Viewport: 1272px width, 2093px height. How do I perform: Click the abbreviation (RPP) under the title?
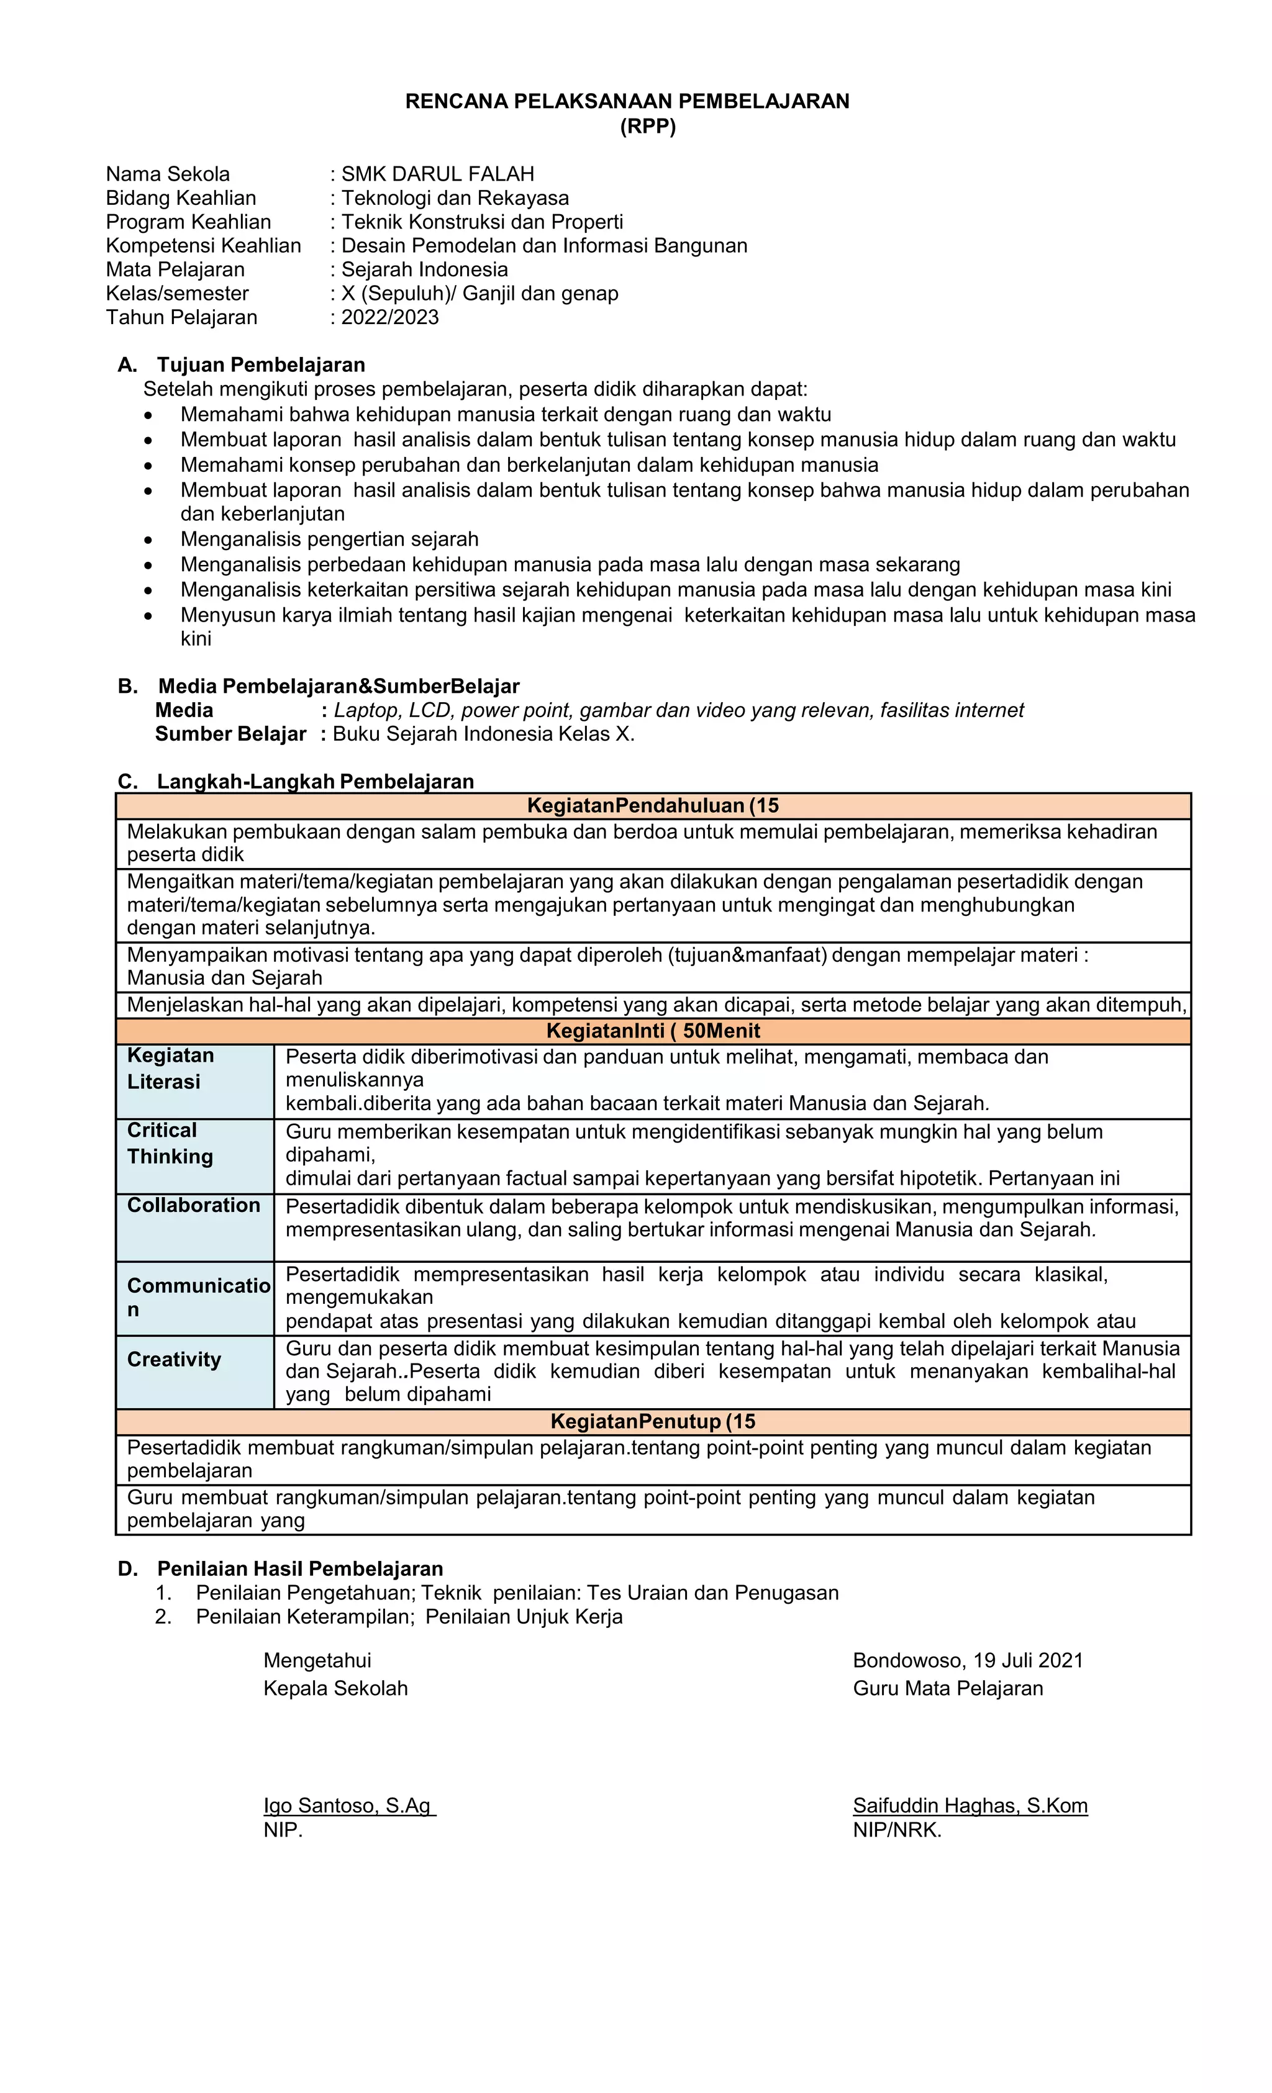pyautogui.click(x=647, y=127)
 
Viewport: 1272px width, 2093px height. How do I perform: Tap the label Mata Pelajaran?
pyautogui.click(x=175, y=269)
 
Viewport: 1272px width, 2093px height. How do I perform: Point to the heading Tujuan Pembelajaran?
pyautogui.click(x=261, y=364)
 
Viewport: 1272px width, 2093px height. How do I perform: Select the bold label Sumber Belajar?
pyautogui.click(x=230, y=734)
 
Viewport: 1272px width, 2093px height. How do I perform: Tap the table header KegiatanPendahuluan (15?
pyautogui.click(x=653, y=805)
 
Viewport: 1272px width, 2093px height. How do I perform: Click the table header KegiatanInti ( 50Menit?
pyautogui.click(x=653, y=1031)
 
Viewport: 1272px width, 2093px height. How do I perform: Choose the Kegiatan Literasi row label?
pyautogui.click(x=170, y=1069)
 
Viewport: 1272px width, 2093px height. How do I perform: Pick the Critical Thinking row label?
pyautogui.click(x=170, y=1143)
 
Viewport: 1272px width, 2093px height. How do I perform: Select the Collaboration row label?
pyautogui.click(x=194, y=1205)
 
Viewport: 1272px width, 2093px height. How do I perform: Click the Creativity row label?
pyautogui.click(x=174, y=1360)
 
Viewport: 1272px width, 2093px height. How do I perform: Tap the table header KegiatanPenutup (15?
pyautogui.click(x=653, y=1422)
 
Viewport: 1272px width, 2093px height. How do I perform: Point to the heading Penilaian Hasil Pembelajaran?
pyautogui.click(x=300, y=1569)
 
